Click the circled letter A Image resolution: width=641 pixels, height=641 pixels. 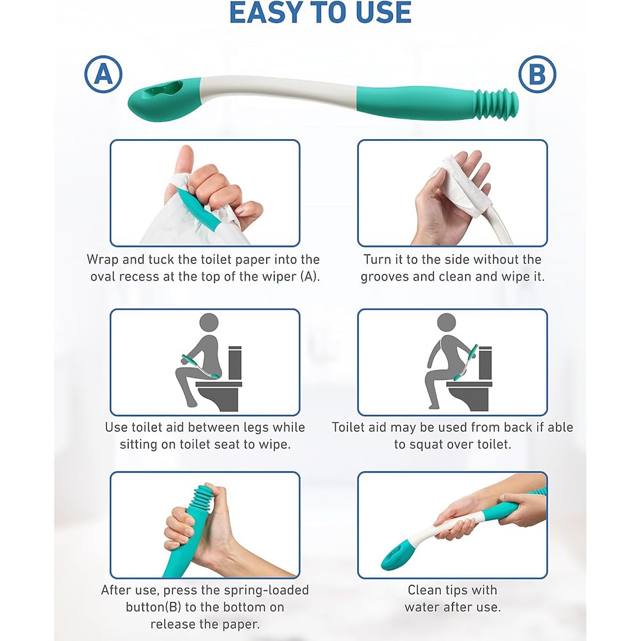103,74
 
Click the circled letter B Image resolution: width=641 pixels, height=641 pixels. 537,74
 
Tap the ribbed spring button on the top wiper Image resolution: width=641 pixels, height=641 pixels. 496,104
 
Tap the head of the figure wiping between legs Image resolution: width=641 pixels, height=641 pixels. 209,323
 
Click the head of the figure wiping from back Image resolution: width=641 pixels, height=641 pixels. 446,323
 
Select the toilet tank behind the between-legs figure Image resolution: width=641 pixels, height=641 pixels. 235,363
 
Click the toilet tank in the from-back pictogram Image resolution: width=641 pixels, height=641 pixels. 485,363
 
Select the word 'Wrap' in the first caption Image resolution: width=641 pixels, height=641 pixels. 103,260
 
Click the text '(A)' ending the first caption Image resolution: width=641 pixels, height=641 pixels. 310,277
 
